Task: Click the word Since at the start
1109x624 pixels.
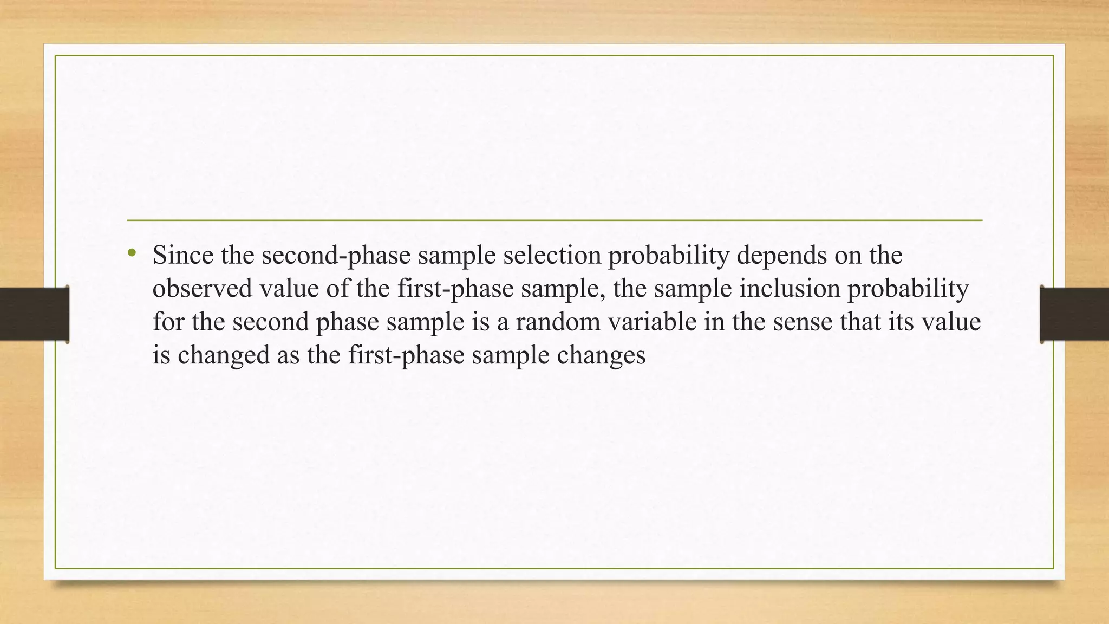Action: pos(183,255)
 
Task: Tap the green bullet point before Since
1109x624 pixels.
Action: pos(132,253)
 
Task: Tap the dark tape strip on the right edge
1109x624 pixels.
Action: pos(1074,315)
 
